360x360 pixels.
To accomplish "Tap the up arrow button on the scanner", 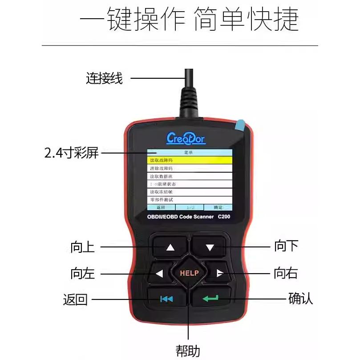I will [170, 247].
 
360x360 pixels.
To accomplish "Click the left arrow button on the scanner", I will [159, 274].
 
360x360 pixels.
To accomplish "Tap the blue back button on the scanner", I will [166, 299].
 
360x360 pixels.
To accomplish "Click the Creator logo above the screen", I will [186, 138].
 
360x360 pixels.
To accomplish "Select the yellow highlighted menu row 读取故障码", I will [190, 160].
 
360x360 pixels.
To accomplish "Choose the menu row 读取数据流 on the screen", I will [190, 176].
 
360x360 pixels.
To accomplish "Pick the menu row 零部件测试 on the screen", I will [190, 200].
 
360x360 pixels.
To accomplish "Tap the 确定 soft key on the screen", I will [218, 207].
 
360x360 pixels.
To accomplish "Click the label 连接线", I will [104, 79].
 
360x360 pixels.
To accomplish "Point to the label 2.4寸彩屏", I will [71, 154].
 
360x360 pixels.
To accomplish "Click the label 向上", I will [83, 247].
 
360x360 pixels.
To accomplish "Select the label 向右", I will [285, 273].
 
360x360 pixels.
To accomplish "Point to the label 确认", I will [300, 298].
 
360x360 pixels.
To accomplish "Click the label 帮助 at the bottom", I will [188, 350].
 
